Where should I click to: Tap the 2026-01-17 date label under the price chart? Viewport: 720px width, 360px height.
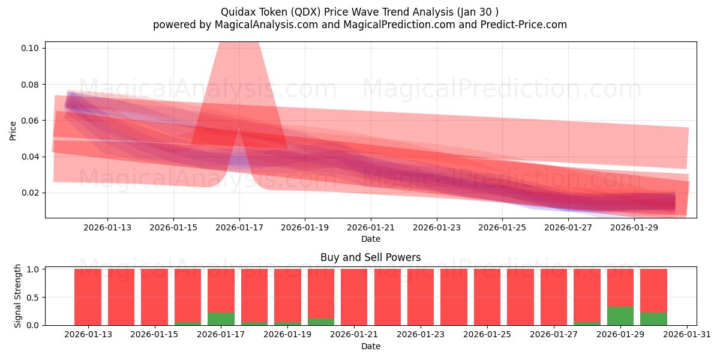(x=239, y=228)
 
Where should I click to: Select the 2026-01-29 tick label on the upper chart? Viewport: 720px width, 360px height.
(x=635, y=228)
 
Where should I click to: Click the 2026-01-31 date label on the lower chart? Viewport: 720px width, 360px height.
(x=686, y=335)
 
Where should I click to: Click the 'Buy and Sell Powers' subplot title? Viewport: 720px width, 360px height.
(x=370, y=257)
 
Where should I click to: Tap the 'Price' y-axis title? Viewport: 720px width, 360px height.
(x=13, y=130)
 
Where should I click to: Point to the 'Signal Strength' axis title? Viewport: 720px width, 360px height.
(x=18, y=296)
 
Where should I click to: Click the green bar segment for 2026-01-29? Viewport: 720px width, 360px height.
(x=620, y=316)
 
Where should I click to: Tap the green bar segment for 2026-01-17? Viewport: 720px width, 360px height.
(x=221, y=319)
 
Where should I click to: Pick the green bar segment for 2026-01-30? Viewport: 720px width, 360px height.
(x=653, y=319)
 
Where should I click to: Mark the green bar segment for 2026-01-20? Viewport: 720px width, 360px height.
(x=321, y=322)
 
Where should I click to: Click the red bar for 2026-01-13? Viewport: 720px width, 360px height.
(x=88, y=297)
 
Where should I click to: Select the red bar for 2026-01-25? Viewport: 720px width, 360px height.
(x=487, y=297)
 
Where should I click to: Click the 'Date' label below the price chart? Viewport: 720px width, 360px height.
(x=370, y=239)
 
